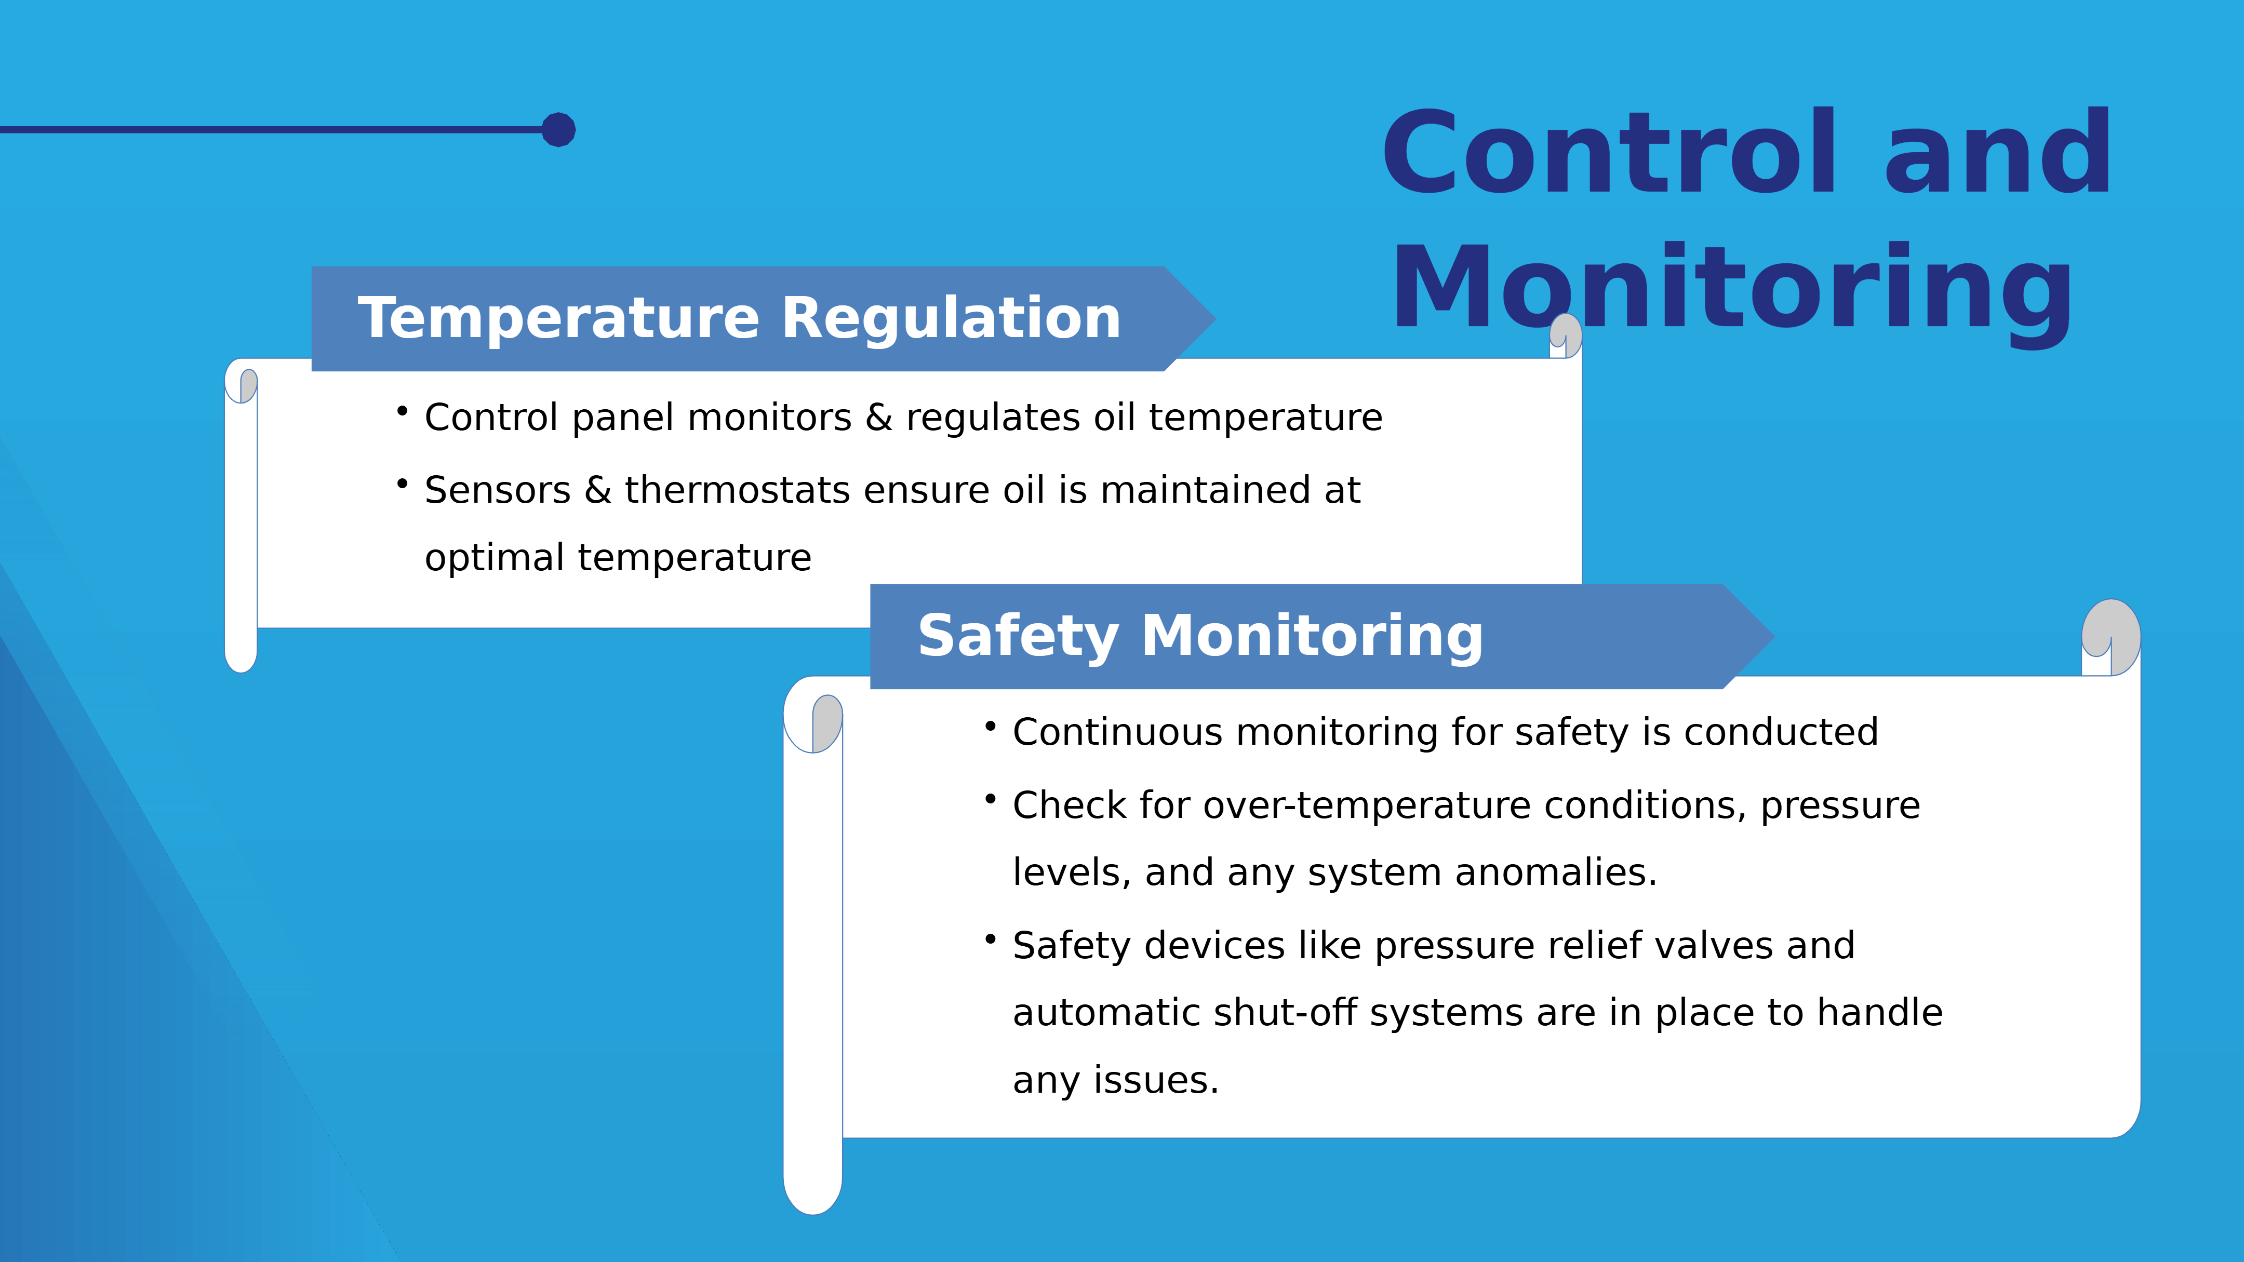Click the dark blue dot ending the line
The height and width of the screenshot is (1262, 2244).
click(558, 130)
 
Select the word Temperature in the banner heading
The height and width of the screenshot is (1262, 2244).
click(558, 319)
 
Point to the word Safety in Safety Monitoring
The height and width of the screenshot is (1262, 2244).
click(1018, 637)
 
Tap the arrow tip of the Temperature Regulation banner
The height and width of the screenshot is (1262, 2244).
click(1214, 319)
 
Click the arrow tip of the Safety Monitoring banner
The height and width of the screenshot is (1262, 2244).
click(1773, 637)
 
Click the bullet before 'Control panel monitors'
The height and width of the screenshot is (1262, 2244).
click(403, 410)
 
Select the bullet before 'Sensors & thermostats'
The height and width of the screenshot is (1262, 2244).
click(403, 484)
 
